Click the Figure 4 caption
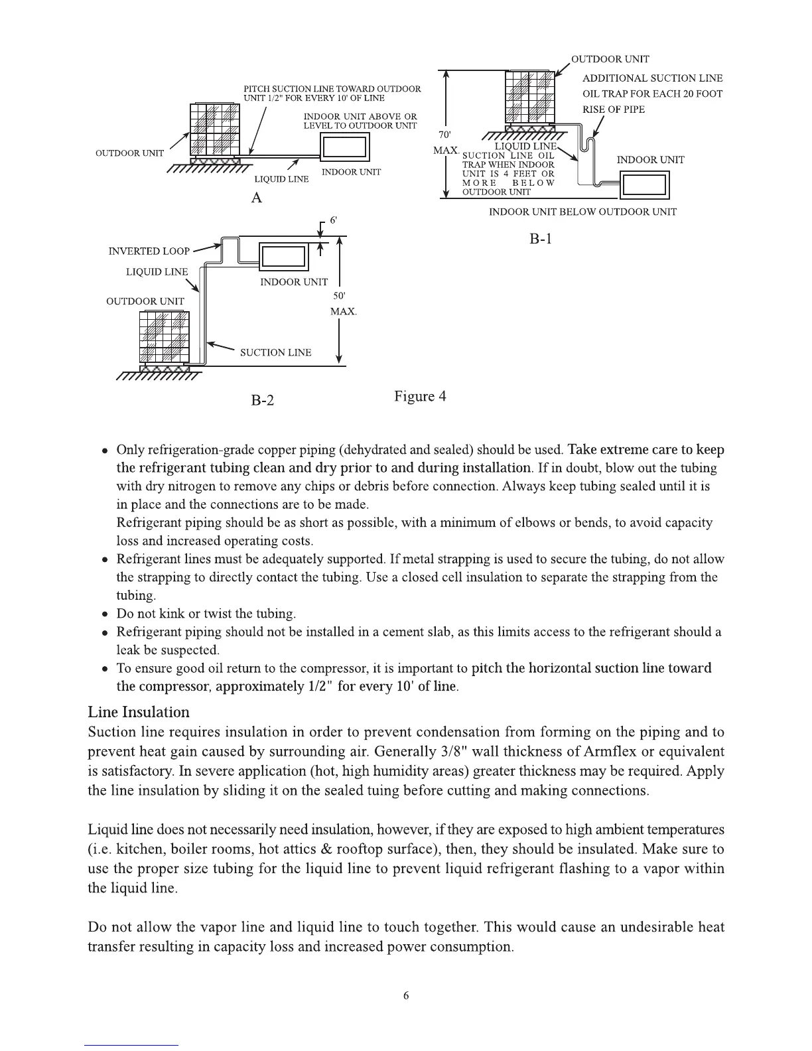pyautogui.click(x=420, y=397)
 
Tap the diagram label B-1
pyautogui.click(x=541, y=239)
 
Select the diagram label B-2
pyautogui.click(x=262, y=400)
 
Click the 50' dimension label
pyautogui.click(x=339, y=295)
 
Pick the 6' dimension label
pyautogui.click(x=334, y=220)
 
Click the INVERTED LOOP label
pyautogui.click(x=149, y=251)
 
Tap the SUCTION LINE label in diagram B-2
pyautogui.click(x=275, y=352)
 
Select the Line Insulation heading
pyautogui.click(x=139, y=712)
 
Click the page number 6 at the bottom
pyautogui.click(x=406, y=995)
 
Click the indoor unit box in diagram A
pyautogui.click(x=344, y=147)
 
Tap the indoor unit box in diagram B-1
pyautogui.click(x=645, y=185)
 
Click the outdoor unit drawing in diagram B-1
pyautogui.click(x=529, y=97)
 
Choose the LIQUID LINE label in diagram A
pyautogui.click(x=281, y=179)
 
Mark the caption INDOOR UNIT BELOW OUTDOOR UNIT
pyautogui.click(x=582, y=212)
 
